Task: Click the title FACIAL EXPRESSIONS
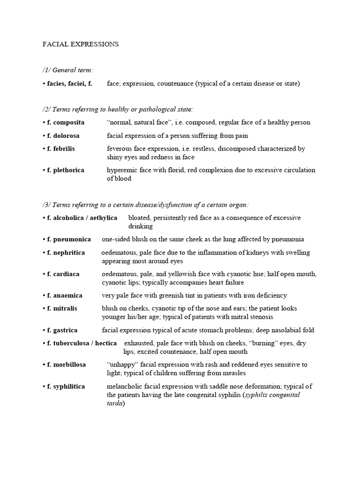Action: (x=81, y=45)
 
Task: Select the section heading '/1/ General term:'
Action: (x=67, y=70)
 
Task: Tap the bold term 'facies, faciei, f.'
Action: (x=69, y=84)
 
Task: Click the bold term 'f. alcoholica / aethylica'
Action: (x=82, y=218)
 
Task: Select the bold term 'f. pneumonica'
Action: (x=69, y=240)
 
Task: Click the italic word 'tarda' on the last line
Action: (x=114, y=403)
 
